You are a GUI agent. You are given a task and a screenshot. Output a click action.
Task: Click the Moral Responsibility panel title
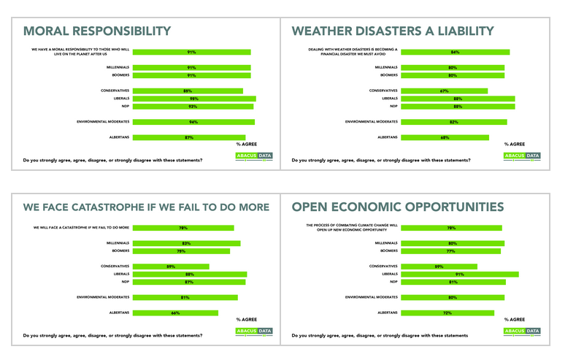point(97,31)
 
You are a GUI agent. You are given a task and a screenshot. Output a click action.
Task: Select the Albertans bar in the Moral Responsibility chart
point(189,137)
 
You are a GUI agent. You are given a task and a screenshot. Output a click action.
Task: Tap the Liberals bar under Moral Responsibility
point(194,99)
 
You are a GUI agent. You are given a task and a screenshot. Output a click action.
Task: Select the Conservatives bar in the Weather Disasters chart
point(444,91)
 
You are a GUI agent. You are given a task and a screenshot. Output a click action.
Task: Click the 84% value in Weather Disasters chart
point(454,52)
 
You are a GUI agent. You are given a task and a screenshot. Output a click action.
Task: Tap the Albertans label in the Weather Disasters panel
point(387,137)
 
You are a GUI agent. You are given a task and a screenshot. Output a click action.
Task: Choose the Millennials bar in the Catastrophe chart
point(186,243)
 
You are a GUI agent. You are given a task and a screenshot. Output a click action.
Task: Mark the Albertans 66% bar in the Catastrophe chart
point(175,313)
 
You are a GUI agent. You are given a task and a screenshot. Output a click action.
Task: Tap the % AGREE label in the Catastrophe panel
point(248,320)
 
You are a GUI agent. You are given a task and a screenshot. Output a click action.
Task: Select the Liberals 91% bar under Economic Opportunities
point(460,275)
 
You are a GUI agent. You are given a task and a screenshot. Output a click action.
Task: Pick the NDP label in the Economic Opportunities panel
point(393,282)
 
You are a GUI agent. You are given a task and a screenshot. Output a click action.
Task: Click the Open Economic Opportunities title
point(397,207)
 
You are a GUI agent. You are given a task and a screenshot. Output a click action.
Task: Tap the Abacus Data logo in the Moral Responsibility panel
point(254,156)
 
